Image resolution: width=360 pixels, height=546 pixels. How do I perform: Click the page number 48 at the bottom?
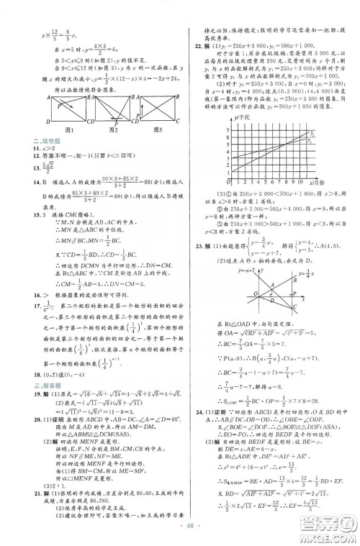pos(181,536)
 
